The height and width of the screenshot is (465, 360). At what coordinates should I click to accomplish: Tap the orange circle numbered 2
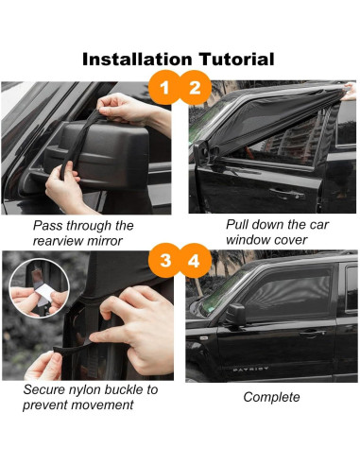[x=196, y=90]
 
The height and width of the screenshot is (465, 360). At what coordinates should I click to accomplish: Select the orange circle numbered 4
[x=196, y=258]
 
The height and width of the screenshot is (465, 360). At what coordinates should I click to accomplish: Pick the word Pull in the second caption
[x=238, y=226]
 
